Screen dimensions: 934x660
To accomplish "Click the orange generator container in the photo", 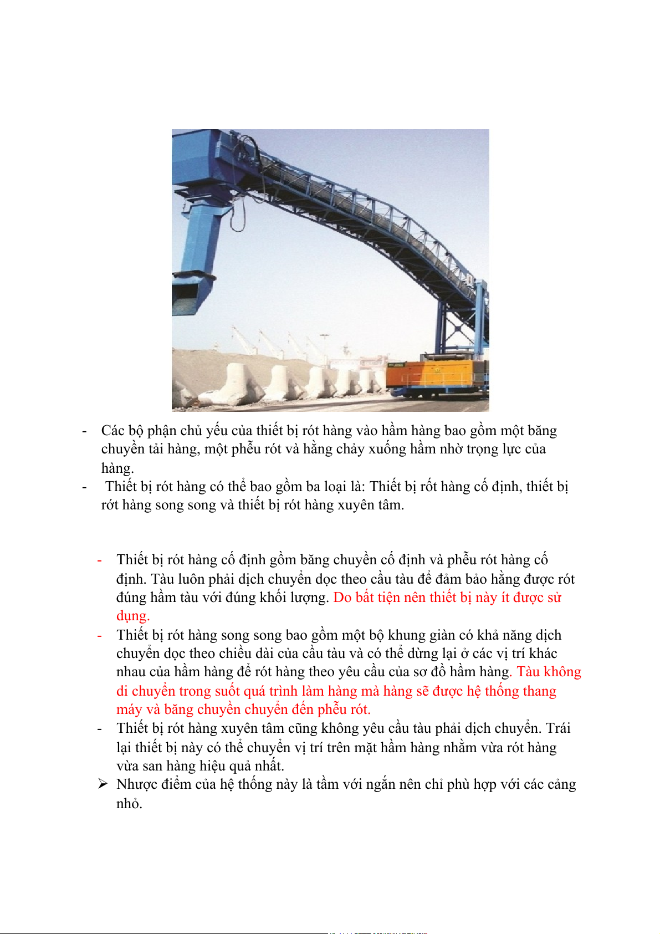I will point(429,374).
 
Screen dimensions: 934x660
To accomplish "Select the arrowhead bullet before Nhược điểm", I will point(103,784).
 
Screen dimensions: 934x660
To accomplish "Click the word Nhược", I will point(135,784).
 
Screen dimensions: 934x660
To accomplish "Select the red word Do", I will point(342,598).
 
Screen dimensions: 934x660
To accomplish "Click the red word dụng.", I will point(133,616).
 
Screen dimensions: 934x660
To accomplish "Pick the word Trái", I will point(559,728).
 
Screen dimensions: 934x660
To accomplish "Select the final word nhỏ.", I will point(129,803).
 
